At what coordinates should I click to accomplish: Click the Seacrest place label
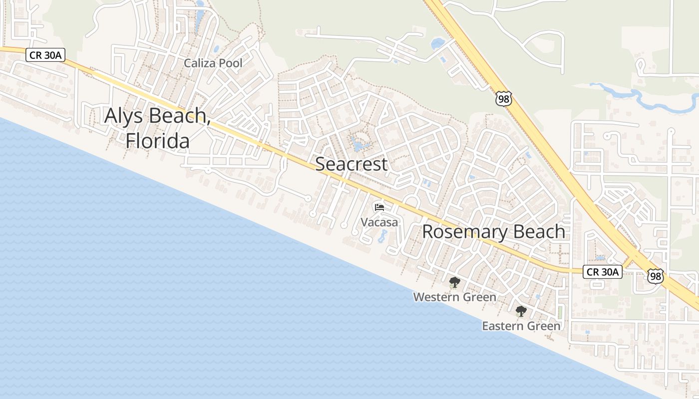(351, 164)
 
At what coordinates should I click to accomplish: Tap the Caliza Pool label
(213, 63)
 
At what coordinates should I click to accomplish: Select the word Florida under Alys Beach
(157, 141)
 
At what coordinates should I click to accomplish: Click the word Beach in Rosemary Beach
(541, 232)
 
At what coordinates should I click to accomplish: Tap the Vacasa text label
(379, 222)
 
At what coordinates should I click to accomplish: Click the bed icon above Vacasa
(379, 207)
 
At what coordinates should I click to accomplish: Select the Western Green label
(454, 297)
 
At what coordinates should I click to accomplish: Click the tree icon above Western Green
(454, 282)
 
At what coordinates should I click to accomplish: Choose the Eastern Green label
(521, 326)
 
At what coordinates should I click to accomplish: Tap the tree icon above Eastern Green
(521, 311)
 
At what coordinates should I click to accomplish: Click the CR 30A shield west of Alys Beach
(45, 55)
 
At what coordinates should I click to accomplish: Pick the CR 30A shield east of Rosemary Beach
(603, 272)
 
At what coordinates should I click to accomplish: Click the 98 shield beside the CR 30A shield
(656, 276)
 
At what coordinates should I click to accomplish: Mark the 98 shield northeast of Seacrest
(504, 99)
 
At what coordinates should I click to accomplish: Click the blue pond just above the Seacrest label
(358, 145)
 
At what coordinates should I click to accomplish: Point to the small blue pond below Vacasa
(382, 236)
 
